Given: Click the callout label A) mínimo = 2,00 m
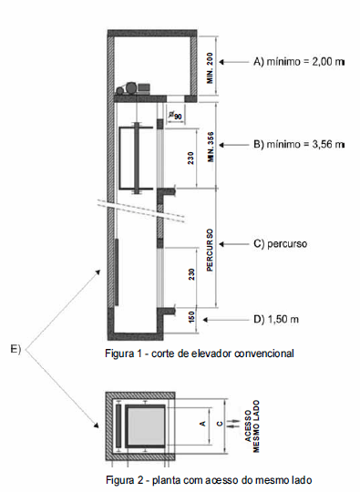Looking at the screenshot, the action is (x=299, y=62).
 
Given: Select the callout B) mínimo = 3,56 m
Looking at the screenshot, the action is (x=299, y=144).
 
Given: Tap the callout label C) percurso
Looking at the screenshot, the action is (x=280, y=244).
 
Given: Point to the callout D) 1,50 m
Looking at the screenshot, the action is (x=276, y=320).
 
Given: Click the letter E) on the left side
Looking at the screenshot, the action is (x=15, y=349).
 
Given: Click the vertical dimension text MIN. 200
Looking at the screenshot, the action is (x=210, y=67).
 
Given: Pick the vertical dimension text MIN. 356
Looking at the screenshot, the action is (x=211, y=147).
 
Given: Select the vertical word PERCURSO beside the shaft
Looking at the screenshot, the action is (x=210, y=250).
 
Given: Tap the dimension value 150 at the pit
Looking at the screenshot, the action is (x=191, y=316).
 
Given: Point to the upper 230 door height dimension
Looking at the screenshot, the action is (x=190, y=158).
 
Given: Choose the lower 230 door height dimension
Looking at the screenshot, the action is (x=191, y=274).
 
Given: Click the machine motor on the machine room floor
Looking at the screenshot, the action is (x=132, y=88).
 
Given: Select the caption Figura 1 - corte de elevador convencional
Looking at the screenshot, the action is (x=200, y=354).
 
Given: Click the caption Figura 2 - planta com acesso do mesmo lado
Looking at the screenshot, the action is (x=209, y=480).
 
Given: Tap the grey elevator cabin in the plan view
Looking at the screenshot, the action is (x=146, y=426).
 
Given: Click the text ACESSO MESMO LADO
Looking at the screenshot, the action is (x=252, y=426).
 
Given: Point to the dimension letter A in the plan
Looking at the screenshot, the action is (x=203, y=424).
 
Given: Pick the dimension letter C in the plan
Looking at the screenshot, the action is (x=220, y=424).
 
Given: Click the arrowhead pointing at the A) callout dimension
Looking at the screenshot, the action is (x=221, y=62).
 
